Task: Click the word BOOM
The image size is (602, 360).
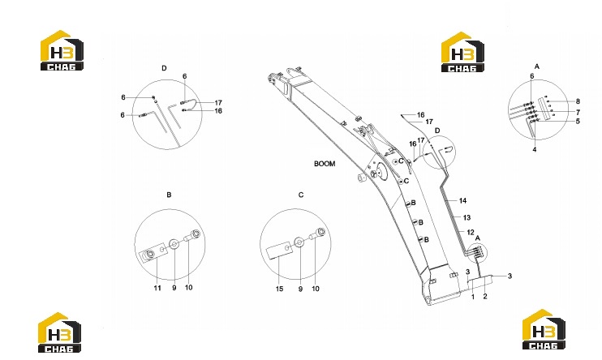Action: click(325, 164)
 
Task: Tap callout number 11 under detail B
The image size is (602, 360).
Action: click(157, 288)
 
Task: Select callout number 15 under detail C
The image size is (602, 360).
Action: click(279, 289)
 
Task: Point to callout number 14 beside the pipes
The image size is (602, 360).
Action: click(462, 201)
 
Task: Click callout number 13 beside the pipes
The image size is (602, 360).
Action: click(467, 217)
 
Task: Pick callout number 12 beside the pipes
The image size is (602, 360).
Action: click(471, 232)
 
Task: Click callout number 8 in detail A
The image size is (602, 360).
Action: click(578, 101)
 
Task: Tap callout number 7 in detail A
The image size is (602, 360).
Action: click(578, 113)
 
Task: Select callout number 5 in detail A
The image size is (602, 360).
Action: click(578, 122)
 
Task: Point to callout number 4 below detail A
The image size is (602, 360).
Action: click(535, 150)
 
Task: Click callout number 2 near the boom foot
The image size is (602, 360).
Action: click(485, 296)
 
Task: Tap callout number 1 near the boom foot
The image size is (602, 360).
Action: click(473, 297)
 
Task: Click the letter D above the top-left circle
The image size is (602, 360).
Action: click(164, 68)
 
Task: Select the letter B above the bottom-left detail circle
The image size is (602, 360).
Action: click(169, 195)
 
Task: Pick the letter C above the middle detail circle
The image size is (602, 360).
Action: click(301, 195)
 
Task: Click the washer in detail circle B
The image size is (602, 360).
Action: click(174, 244)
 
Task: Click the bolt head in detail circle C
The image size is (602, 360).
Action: click(320, 232)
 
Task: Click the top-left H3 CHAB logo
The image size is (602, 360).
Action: click(62, 50)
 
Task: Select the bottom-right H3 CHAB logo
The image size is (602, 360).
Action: click(544, 329)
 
